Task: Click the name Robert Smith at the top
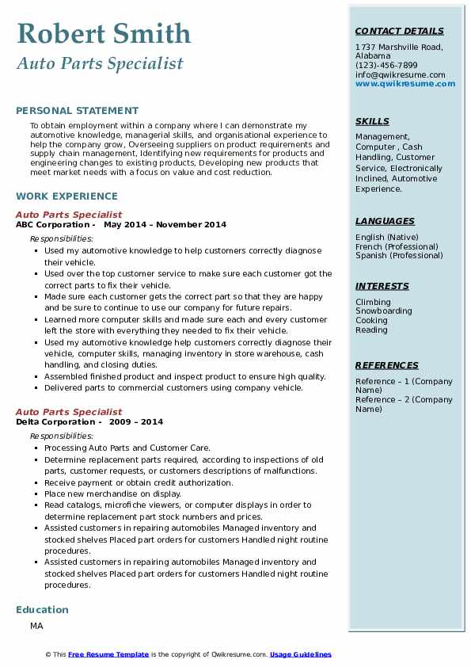click(x=104, y=33)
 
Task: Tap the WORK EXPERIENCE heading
click(x=66, y=196)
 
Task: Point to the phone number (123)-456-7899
click(x=386, y=66)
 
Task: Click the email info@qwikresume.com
click(x=400, y=75)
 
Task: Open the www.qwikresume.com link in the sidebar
click(x=400, y=84)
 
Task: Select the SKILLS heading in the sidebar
click(x=372, y=121)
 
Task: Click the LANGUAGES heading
click(x=385, y=221)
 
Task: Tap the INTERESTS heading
click(x=382, y=286)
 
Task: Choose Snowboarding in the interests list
click(x=384, y=311)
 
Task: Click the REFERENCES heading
click(x=387, y=365)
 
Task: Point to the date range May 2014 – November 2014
click(x=165, y=224)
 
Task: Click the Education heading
click(x=42, y=609)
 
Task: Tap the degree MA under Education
click(x=36, y=626)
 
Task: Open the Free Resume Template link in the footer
click(x=108, y=654)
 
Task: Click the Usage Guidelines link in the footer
click(x=301, y=654)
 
